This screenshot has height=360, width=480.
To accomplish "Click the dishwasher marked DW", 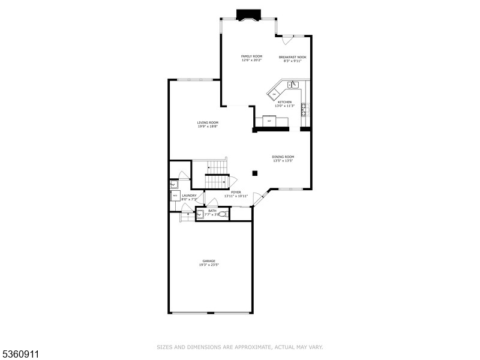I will coord(274,94).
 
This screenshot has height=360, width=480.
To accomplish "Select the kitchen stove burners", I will coord(304,109).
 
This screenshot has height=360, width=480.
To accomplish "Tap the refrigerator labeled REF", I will coord(269,122).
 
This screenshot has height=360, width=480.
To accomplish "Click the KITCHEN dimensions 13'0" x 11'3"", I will coord(284,106).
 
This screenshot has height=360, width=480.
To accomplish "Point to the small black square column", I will coord(255,173).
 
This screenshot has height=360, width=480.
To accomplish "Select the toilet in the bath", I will coord(222,214).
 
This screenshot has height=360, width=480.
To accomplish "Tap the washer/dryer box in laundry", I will coord(175,196).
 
